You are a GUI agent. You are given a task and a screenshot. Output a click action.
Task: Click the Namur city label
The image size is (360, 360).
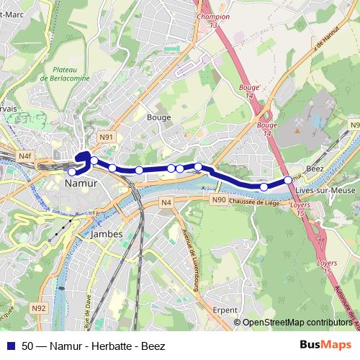pyautogui.click(x=81, y=184)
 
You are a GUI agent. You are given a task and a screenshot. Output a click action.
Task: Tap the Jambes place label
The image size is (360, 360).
pyautogui.click(x=107, y=234)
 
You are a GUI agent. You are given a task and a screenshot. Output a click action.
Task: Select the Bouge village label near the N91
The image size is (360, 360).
pyautogui.click(x=158, y=117)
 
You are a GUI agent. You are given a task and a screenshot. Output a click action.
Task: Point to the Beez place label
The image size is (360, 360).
pyautogui.click(x=315, y=167)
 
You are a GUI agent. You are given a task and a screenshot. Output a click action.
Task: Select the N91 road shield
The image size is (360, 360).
pyautogui.click(x=107, y=137)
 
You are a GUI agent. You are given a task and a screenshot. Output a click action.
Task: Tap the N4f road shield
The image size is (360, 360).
pyautogui.click(x=26, y=156)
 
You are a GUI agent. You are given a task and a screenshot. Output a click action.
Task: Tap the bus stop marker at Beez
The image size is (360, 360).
pyautogui.click(x=288, y=180)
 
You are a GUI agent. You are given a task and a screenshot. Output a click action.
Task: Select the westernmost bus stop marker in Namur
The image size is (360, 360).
pyautogui.click(x=72, y=171)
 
